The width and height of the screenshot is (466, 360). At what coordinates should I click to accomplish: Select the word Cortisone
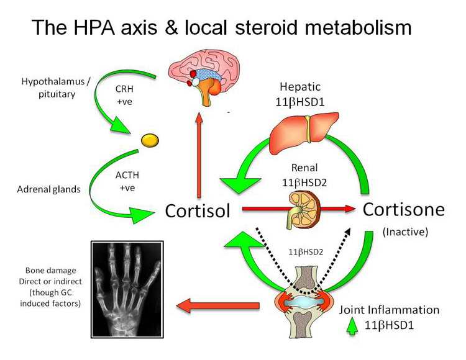404,209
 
